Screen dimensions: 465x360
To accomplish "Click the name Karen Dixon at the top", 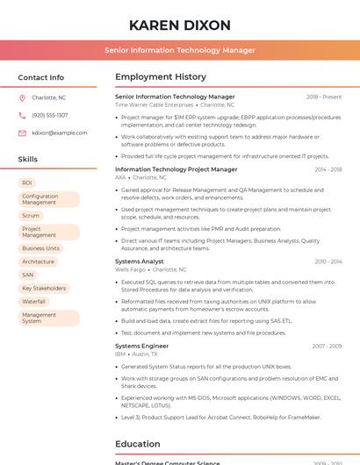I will click(x=179, y=25).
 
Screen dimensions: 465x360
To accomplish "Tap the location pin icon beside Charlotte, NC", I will click(x=22, y=98).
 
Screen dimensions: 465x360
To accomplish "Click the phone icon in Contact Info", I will click(x=22, y=115).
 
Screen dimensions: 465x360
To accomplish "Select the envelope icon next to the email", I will click(x=22, y=133).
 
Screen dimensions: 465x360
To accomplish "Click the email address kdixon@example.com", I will click(x=59, y=133).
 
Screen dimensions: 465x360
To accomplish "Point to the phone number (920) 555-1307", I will click(x=49, y=115).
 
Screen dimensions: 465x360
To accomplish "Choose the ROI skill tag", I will click(x=27, y=182).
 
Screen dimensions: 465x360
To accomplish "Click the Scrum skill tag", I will click(x=31, y=215).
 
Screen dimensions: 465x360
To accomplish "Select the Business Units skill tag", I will click(x=40, y=248).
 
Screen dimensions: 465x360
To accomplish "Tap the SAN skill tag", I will click(x=28, y=275).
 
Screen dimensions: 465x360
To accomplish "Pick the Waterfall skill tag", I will click(x=33, y=301).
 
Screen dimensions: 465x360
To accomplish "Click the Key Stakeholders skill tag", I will click(x=44, y=288).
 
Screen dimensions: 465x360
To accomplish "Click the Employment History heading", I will click(x=161, y=77).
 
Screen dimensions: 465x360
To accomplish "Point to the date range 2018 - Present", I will click(x=324, y=97).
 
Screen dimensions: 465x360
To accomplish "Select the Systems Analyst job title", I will click(x=139, y=261).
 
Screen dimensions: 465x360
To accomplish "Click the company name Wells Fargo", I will click(x=130, y=269).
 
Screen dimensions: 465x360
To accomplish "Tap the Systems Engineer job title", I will click(x=141, y=346).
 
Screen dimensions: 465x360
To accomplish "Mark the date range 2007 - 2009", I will click(x=327, y=346).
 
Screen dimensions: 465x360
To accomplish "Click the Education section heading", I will click(x=139, y=444).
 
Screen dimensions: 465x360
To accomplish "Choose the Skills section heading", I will click(x=27, y=160).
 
